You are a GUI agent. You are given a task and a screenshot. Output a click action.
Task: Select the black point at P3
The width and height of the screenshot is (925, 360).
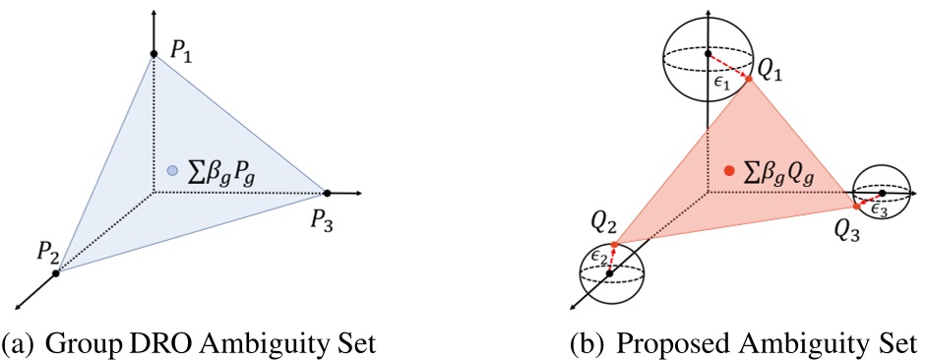click(x=327, y=192)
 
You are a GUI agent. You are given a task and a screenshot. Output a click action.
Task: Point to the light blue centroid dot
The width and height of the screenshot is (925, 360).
click(x=172, y=170)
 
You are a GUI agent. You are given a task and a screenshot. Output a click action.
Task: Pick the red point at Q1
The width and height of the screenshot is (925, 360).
click(x=749, y=80)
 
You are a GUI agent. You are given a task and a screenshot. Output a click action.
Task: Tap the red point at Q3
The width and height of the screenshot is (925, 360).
click(x=855, y=208)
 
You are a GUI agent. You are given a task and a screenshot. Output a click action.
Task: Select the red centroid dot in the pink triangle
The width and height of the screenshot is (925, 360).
click(x=728, y=170)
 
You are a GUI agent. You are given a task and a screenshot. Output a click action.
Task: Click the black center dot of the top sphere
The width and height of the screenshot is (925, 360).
click(x=709, y=53)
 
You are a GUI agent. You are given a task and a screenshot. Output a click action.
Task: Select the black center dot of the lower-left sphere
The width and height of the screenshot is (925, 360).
click(x=611, y=272)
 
